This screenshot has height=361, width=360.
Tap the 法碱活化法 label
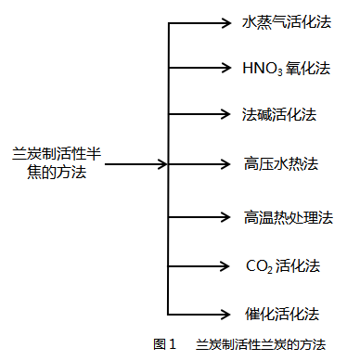coord(279,114)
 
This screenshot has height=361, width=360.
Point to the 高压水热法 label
coord(280,164)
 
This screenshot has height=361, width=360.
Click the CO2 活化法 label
coord(282,265)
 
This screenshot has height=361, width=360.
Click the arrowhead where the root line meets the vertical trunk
coord(163,164)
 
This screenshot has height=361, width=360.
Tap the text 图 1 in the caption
coord(164,344)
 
